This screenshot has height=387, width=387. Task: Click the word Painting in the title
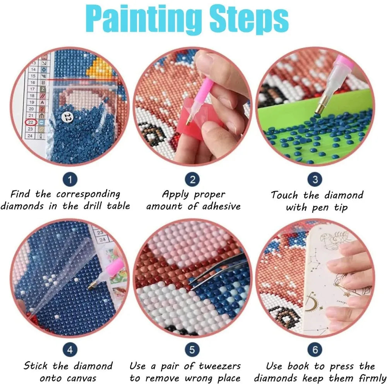point(144,20)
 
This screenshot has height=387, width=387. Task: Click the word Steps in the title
point(249,20)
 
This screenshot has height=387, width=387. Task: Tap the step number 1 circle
point(70,180)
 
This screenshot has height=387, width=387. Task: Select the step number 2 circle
point(192,180)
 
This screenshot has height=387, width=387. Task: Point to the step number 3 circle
point(315,180)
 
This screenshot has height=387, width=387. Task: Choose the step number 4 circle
point(70,350)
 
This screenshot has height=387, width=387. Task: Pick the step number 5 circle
point(192,350)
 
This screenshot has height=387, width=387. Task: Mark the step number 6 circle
point(315,350)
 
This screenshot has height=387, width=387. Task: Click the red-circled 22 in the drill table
point(31,122)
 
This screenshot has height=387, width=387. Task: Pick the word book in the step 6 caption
point(298,366)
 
